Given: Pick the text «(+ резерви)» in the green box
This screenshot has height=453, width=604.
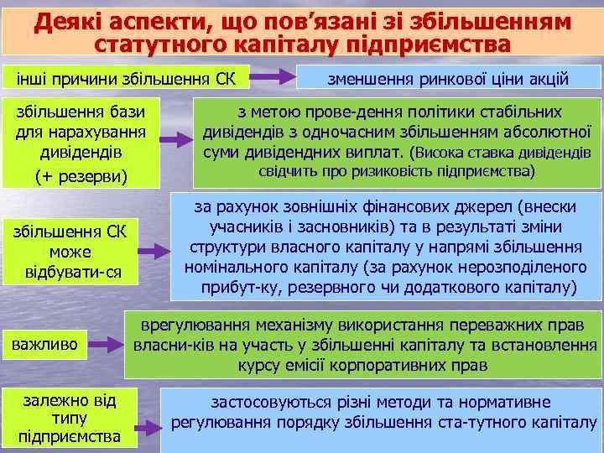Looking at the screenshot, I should tap(81, 175).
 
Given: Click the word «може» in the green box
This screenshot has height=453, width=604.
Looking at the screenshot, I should tap(76, 251).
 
